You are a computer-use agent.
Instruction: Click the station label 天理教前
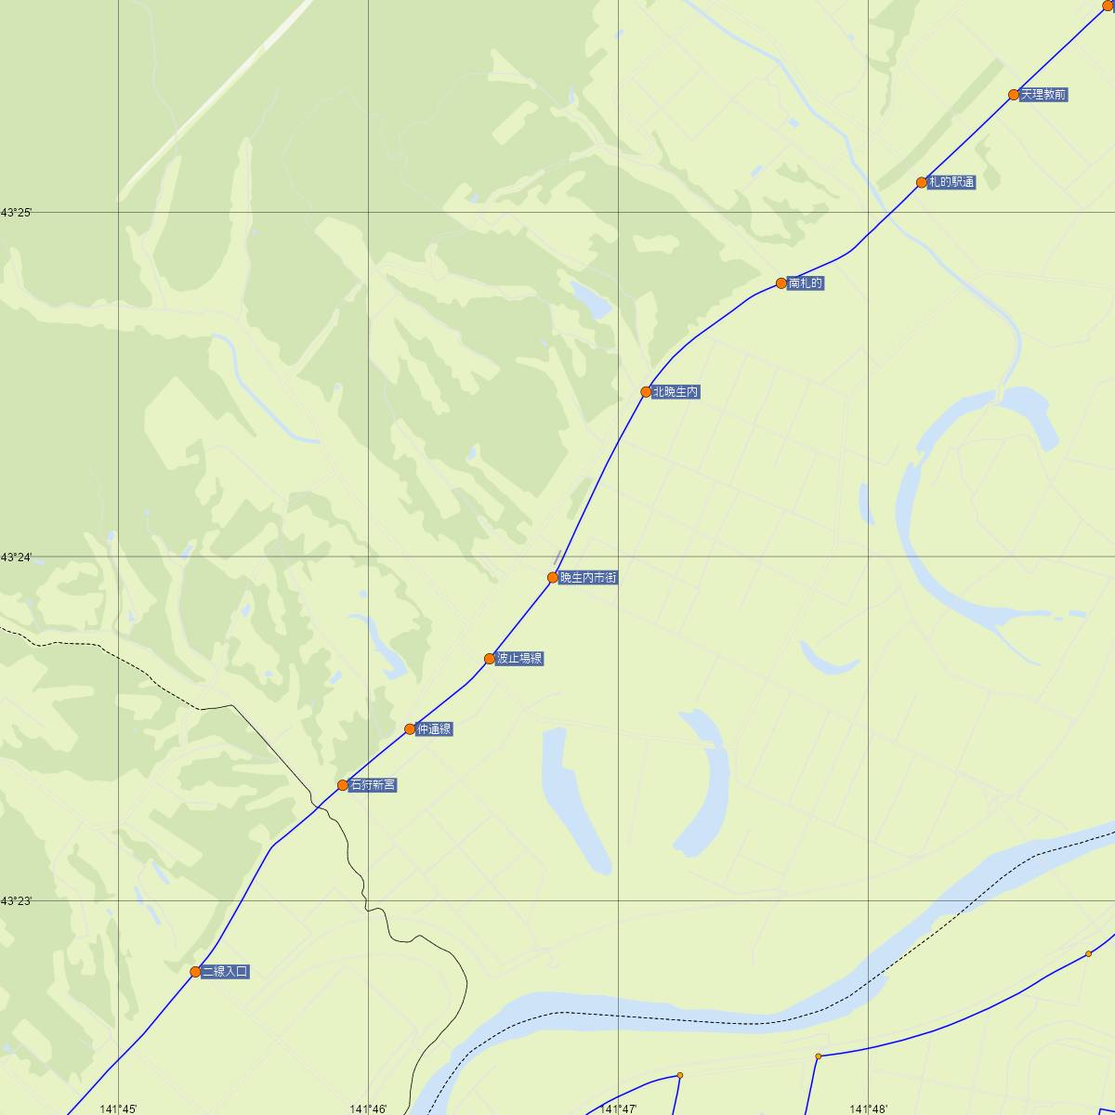point(1043,95)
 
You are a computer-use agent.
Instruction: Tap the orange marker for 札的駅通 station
point(922,183)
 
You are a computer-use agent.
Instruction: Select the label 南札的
point(805,283)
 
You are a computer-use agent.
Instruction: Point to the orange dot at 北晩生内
point(646,392)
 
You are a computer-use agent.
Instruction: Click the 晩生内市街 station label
point(588,578)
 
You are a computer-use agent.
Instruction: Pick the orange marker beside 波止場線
point(490,659)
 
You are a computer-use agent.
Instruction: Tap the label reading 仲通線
point(434,729)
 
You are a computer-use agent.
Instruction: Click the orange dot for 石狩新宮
point(343,785)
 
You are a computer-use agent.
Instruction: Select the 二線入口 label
point(225,972)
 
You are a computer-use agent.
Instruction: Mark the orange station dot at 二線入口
point(195,972)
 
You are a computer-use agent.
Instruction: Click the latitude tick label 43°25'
point(16,214)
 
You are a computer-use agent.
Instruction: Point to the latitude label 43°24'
point(16,557)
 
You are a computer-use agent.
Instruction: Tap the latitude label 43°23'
point(16,901)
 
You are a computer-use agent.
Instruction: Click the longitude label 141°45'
point(118,1108)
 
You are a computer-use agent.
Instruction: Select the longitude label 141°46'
point(368,1108)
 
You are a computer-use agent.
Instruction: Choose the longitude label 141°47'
point(619,1108)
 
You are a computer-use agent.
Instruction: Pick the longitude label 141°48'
point(869,1108)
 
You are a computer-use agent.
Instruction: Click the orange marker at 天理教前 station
point(1014,95)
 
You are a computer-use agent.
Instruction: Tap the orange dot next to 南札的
point(781,283)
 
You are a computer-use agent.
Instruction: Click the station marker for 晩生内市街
point(553,578)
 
